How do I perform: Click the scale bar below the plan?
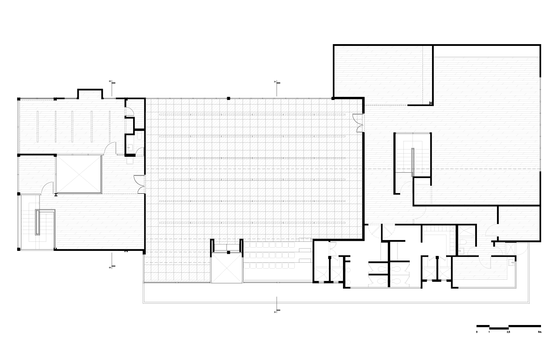[x=508, y=327]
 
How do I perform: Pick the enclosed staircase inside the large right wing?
[x=412, y=157]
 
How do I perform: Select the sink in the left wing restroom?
[x=130, y=147]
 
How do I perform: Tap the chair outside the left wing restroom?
[x=130, y=160]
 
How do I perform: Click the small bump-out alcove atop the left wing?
[x=89, y=94]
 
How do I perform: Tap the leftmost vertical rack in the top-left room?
[x=37, y=125]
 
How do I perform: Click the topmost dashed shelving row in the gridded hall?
[x=254, y=114]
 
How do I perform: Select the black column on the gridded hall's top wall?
[x=228, y=98]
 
